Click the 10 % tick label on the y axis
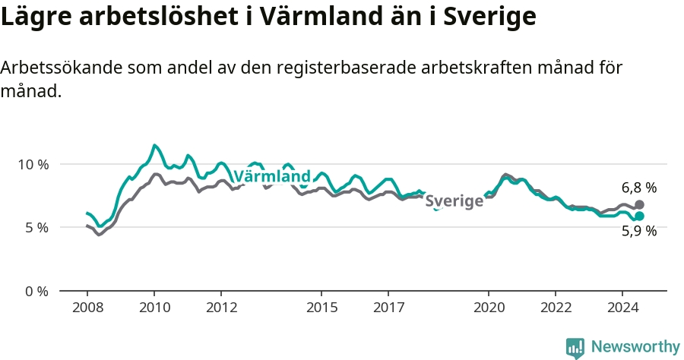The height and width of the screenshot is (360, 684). (33, 165)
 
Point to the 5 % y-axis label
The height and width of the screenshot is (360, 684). (36, 228)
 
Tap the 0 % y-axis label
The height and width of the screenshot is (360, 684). (36, 292)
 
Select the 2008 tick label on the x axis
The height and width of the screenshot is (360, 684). (87, 308)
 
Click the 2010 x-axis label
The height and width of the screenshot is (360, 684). (154, 308)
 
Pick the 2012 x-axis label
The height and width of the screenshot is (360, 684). (222, 308)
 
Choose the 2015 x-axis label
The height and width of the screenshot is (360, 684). (322, 308)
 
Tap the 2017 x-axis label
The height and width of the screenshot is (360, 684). (388, 308)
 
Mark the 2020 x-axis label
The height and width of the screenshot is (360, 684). (489, 308)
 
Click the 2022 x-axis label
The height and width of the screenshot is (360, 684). (556, 308)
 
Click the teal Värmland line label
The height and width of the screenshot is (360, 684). (273, 176)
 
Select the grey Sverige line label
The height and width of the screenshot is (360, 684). (454, 201)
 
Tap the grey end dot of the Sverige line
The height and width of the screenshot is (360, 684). (639, 204)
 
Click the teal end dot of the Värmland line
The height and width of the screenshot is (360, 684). (639, 216)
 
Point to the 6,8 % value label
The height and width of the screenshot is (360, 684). (639, 188)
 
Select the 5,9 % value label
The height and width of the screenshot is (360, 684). (639, 231)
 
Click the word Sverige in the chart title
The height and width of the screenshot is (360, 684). (489, 17)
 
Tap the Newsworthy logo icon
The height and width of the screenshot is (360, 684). (575, 349)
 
